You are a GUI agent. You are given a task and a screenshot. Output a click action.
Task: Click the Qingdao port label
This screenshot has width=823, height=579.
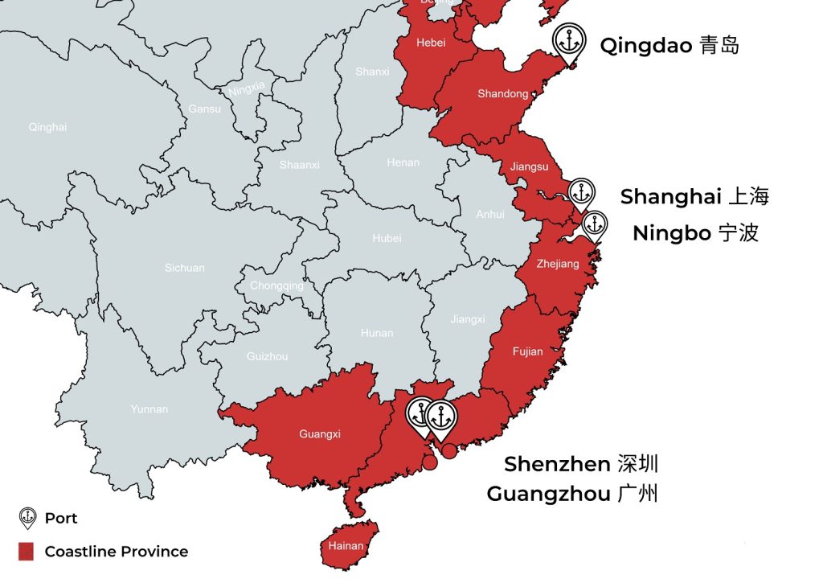coord(669,45)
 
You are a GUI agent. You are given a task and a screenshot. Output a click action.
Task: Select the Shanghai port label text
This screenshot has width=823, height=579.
coord(694,196)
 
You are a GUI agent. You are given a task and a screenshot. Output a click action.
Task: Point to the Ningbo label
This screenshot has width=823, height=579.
coord(695,233)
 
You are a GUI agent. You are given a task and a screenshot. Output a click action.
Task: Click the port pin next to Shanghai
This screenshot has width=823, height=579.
coord(581,194)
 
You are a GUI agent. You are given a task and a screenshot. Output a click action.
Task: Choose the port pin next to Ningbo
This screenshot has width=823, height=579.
coord(595,225)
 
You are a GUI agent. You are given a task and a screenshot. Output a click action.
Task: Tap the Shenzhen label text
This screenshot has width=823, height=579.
coord(581,464)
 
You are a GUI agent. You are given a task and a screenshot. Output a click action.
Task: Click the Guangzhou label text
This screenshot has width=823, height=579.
coord(572,494)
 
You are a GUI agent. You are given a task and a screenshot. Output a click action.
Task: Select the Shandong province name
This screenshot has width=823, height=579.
coord(503,94)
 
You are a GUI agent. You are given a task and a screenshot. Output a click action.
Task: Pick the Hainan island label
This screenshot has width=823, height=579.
coord(346,546)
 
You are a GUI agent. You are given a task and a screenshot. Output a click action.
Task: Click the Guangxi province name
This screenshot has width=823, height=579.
coord(320,434)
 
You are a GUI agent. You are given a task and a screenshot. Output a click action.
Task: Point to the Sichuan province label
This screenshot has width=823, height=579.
coord(185,268)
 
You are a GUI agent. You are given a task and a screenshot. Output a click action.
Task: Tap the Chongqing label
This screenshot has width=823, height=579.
coord(276,285)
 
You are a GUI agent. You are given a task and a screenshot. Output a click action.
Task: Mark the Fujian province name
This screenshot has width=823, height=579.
coord(527,351)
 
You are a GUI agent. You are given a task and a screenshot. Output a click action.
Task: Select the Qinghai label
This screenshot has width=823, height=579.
coord(47,127)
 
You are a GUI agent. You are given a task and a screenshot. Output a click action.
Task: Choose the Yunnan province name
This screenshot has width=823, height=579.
coord(149,409)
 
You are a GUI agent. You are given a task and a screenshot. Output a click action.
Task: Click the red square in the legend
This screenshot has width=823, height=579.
coord(27,552)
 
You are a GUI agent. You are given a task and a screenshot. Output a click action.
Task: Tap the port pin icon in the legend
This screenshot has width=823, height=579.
coord(27,518)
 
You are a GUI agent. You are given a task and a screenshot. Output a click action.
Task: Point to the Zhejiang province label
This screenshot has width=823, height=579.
coord(558,264)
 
